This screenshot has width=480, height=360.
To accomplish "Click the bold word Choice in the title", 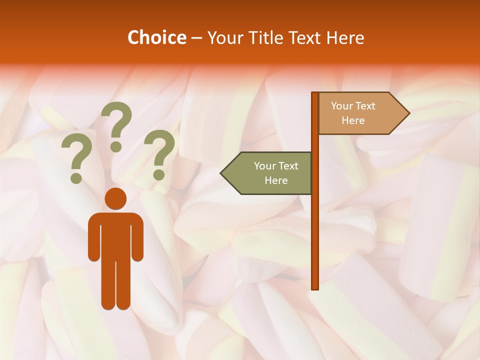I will point(156,37).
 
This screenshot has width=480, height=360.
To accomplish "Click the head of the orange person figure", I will point(115,198).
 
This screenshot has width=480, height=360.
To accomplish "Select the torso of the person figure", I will point(115,235).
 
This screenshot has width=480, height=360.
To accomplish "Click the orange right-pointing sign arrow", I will point(360,113).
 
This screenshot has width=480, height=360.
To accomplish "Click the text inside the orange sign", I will point(353,113).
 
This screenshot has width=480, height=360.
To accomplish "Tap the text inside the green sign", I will point(276,173).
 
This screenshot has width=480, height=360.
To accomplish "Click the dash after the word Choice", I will point(196,37).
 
